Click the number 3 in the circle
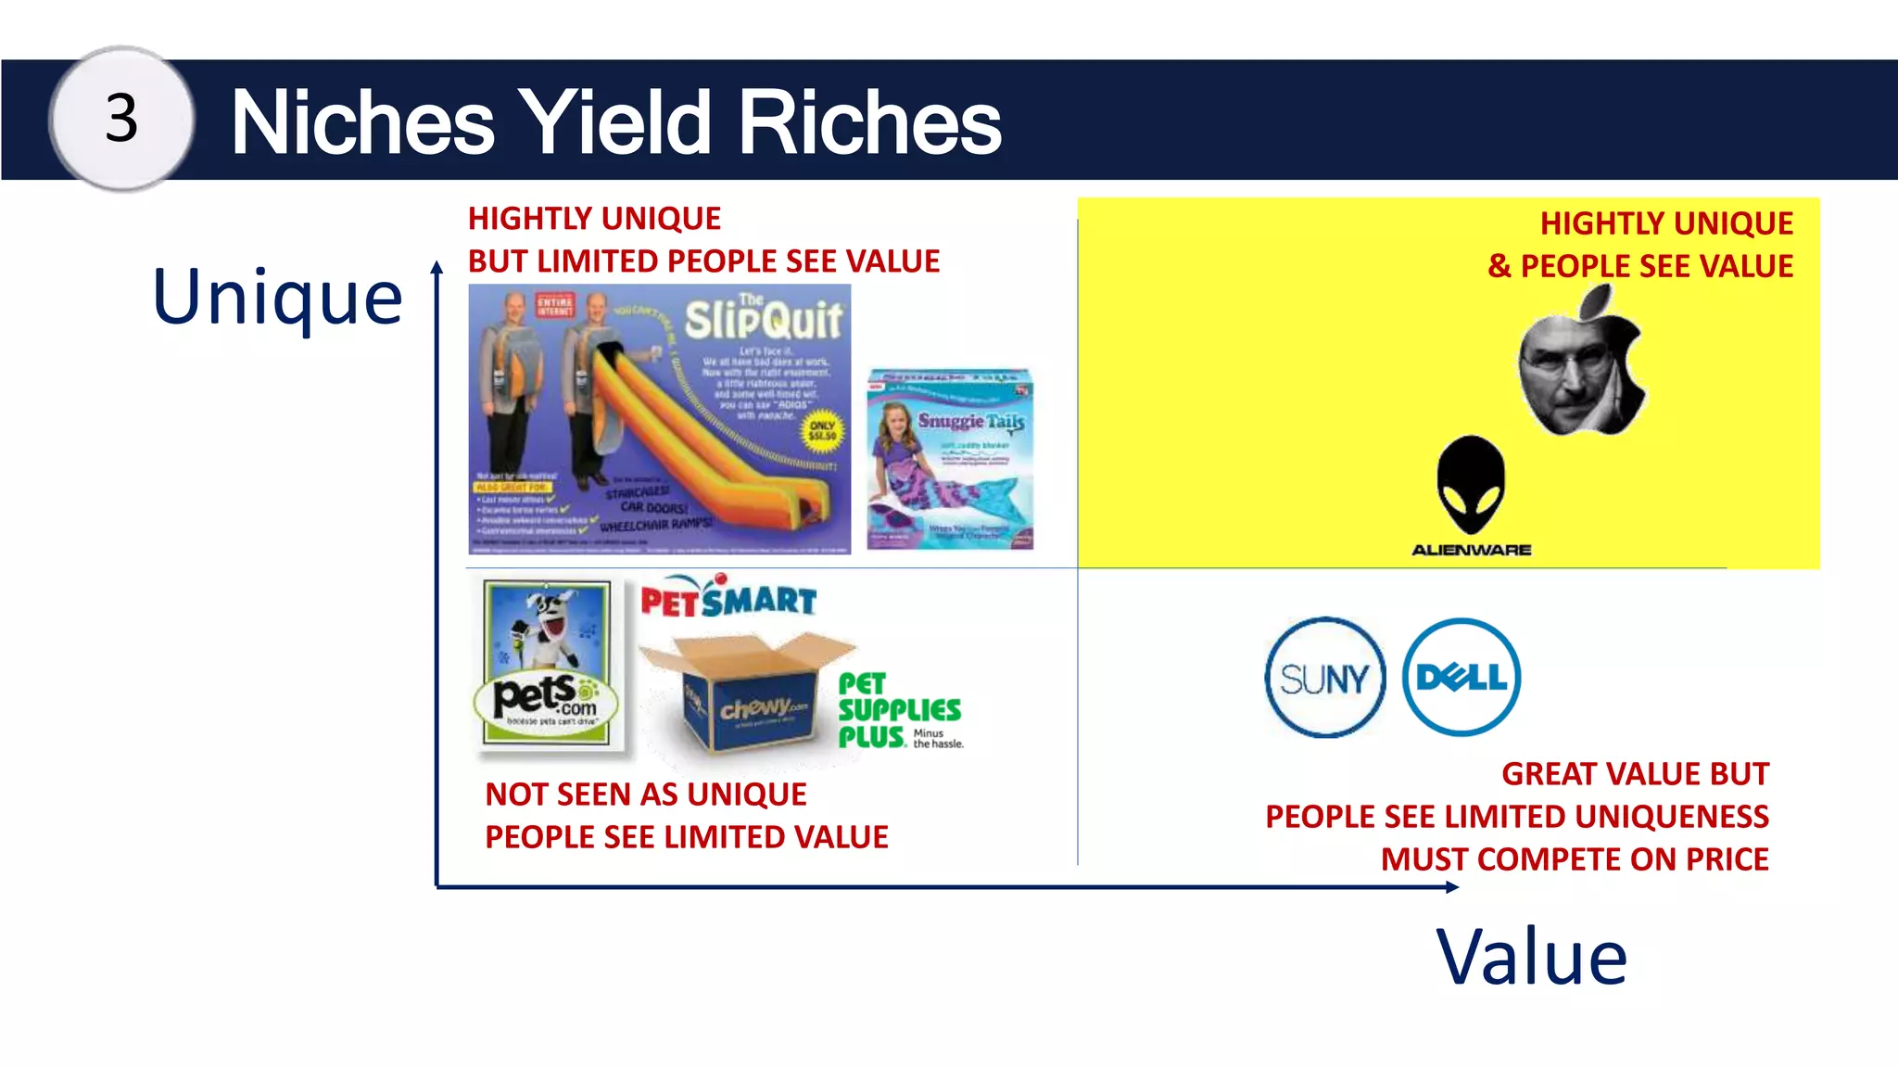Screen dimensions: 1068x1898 [121, 119]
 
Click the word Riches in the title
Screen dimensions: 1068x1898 [869, 122]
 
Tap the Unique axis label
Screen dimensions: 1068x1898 [277, 298]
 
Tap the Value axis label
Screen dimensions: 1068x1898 [1531, 958]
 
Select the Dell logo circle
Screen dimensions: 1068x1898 [1461, 678]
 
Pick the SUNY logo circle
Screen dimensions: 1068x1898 [1324, 678]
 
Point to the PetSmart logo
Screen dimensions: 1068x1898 [728, 598]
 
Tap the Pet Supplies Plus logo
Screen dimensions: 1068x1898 [899, 711]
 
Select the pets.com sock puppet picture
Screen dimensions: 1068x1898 [548, 663]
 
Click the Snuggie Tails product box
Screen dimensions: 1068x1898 [950, 460]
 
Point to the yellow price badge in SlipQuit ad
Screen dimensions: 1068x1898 [822, 431]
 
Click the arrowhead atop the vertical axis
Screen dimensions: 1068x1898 [437, 267]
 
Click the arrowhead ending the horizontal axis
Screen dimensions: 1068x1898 [1452, 887]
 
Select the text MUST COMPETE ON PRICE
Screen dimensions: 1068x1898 [1574, 859]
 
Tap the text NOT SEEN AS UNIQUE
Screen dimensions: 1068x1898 [646, 795]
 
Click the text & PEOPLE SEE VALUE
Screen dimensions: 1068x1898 [1639, 267]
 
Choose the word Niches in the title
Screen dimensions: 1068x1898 [362, 122]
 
